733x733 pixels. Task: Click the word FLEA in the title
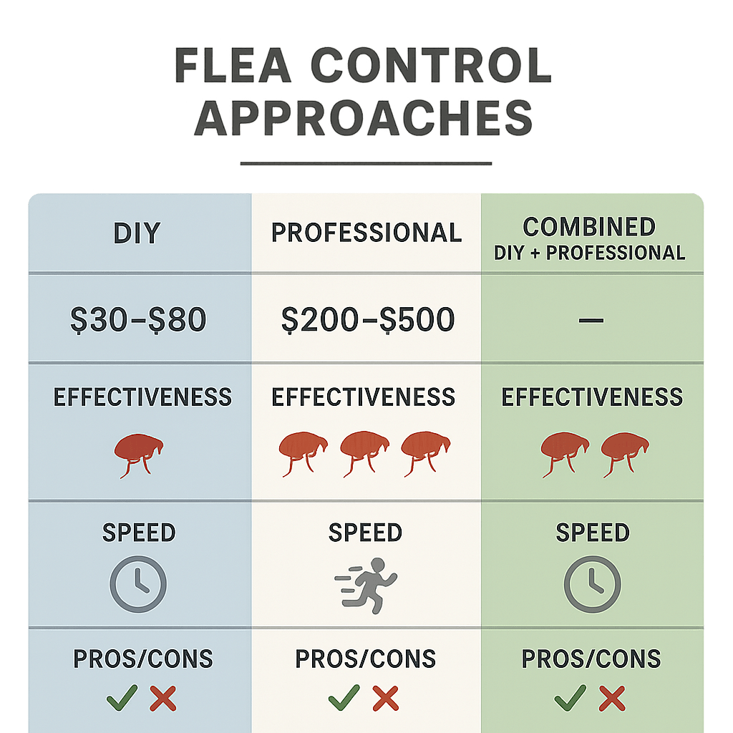pos(233,68)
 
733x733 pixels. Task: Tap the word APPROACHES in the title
pos(364,119)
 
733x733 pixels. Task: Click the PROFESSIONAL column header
pos(366,233)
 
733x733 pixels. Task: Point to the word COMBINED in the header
pos(589,227)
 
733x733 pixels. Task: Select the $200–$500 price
pos(368,320)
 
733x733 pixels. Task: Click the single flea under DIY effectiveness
pos(140,453)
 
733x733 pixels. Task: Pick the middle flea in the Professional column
pos(364,453)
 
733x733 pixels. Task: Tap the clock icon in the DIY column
pos(138,584)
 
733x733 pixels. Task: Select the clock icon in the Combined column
pos(592,584)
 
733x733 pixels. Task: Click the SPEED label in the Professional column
pos(365,533)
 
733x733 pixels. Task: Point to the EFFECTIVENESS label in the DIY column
pos(142,397)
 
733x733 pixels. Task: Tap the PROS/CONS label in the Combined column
pos(591,659)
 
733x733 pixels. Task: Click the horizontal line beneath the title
pos(366,163)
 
